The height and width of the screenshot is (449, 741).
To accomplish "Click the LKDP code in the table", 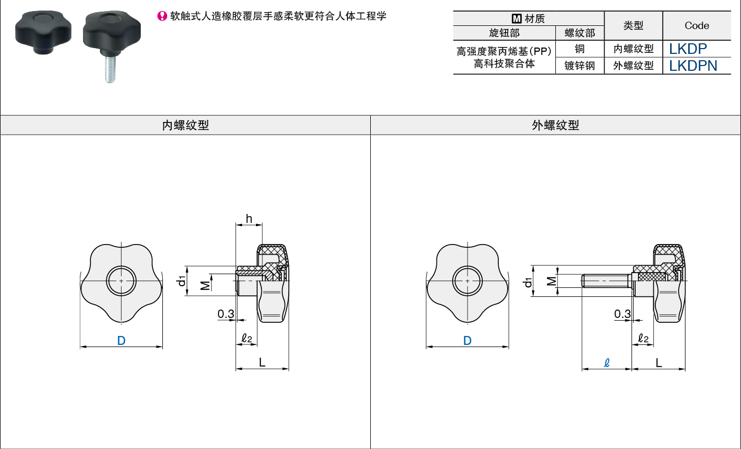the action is [688, 49].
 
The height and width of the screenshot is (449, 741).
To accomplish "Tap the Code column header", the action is [697, 25].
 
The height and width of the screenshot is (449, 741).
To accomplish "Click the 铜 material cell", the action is [580, 49].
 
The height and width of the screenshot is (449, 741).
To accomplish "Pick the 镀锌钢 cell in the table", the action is [580, 66].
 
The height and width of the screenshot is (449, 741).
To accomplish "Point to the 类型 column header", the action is [633, 25].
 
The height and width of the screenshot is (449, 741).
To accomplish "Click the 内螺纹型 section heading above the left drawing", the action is [185, 125].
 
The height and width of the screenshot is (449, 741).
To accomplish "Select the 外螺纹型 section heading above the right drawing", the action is [555, 125].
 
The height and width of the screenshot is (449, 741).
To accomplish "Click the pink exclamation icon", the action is [162, 16].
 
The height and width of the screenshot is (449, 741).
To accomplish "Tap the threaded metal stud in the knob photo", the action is [110, 69].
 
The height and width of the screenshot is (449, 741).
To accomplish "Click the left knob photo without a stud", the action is [43, 32].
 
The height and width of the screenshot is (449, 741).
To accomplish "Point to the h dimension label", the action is [249, 219].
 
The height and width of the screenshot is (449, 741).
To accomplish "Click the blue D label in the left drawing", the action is [122, 341].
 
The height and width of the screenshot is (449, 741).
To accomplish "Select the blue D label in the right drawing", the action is [468, 341].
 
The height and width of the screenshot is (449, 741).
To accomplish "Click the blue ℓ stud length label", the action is [606, 363].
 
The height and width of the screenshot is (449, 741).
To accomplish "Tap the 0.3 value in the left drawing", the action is [226, 314].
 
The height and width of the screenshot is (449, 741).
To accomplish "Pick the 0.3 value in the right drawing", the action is [623, 314].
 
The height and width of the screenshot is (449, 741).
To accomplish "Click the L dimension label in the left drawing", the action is [262, 363].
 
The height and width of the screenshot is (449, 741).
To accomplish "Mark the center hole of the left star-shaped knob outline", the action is [121, 281].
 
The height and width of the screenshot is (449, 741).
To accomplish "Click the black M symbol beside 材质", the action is [516, 18].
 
